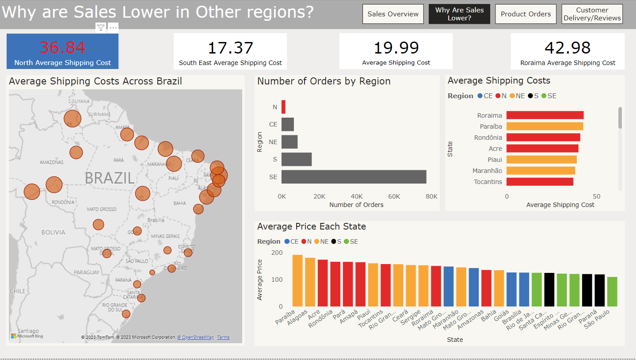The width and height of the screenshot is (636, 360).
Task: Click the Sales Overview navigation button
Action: pyautogui.click(x=393, y=14)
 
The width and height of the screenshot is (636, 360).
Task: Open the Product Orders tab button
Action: pyautogui.click(x=526, y=14)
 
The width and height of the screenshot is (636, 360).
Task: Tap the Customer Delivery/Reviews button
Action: pyautogui.click(x=592, y=14)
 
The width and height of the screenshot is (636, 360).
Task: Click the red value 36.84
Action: pyautogui.click(x=63, y=47)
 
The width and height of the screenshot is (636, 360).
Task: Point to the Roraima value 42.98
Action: pyautogui.click(x=567, y=47)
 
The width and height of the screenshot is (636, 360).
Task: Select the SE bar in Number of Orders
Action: pyautogui.click(x=354, y=176)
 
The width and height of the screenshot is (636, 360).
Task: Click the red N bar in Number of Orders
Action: pyautogui.click(x=283, y=107)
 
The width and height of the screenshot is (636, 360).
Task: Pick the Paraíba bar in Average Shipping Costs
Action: pyautogui.click(x=545, y=126)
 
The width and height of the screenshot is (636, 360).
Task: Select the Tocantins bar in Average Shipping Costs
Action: pyautogui.click(x=540, y=182)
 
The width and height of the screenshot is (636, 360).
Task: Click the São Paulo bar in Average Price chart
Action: pyautogui.click(x=612, y=292)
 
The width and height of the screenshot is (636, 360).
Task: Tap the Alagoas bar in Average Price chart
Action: pyautogui.click(x=310, y=282)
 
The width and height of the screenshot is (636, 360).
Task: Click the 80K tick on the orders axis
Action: pyautogui.click(x=431, y=196)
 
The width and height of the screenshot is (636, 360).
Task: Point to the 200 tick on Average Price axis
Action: pyautogui.click(x=277, y=253)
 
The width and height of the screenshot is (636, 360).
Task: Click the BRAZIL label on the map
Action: pyautogui.click(x=110, y=178)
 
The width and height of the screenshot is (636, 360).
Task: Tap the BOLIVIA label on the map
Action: pyautogui.click(x=53, y=232)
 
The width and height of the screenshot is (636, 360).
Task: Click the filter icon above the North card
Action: pyautogui.click(x=101, y=28)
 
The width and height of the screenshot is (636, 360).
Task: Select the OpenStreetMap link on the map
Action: pyautogui.click(x=196, y=337)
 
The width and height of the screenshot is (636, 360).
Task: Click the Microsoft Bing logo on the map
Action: pyautogui.click(x=27, y=336)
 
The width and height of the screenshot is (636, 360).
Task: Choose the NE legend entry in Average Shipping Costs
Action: pyautogui.click(x=517, y=96)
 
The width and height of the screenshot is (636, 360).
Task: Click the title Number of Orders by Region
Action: pyautogui.click(x=324, y=81)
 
